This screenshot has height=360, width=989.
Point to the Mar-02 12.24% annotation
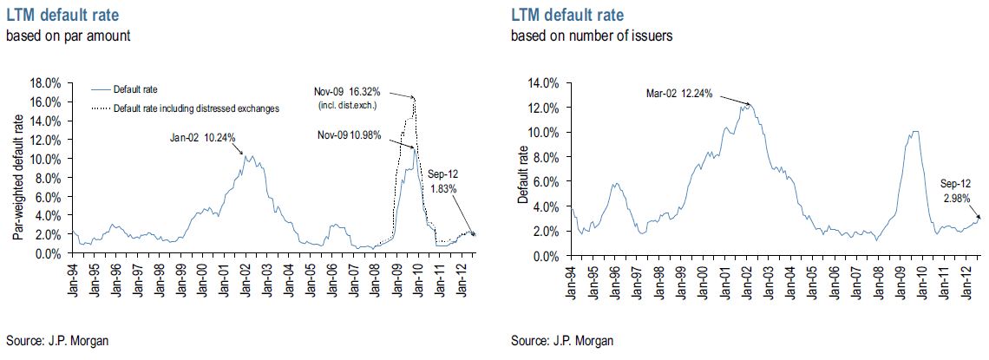679,94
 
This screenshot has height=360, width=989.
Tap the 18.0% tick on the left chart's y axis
45,83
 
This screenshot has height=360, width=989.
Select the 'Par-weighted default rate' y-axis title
17,168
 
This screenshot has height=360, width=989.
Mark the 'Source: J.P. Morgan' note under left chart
58,340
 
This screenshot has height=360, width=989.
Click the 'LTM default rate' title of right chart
567,16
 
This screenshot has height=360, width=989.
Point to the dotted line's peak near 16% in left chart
415,98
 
